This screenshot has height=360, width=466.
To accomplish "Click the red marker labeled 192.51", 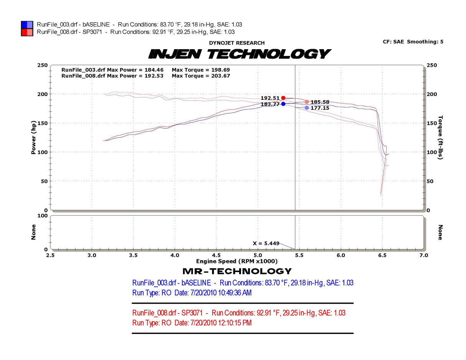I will coord(283,98).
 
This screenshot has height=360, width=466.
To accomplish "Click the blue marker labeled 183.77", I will coord(283,104).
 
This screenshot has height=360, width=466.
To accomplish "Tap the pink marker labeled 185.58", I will coord(307,102).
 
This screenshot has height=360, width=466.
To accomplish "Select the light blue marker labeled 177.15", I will coord(307,108).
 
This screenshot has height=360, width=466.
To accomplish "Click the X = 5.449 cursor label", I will coord(266,243).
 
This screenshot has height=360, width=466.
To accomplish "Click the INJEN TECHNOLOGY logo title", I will coord(239,54).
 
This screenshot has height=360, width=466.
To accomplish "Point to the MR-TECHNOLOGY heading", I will coord(237,271).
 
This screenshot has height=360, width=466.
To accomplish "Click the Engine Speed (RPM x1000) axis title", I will coord(237,261).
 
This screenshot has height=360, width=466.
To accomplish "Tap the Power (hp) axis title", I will coord(33,137).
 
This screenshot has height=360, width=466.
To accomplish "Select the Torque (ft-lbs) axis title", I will coord(440,137).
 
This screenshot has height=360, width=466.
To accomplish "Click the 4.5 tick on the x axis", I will coord(216,255).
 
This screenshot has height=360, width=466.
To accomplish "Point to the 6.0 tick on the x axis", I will coord(340,255).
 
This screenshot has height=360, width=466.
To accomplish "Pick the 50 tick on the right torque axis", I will coord(430,181).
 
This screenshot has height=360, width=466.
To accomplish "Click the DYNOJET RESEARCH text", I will coord(237,43).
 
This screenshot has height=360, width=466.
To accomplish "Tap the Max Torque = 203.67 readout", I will coord(201,76).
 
